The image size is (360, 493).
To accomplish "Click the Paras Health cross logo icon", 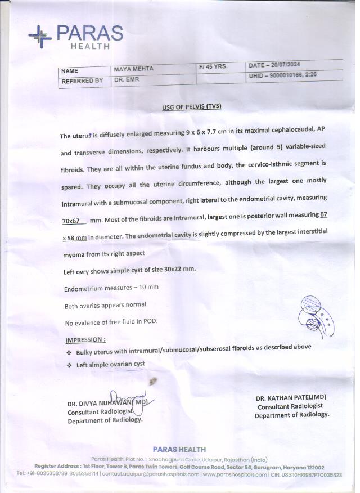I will tap(39, 35).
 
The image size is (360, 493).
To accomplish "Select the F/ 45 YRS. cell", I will tap(214, 66).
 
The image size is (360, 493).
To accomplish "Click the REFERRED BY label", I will tap(82, 81).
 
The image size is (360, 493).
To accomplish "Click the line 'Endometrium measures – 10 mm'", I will tap(111, 288).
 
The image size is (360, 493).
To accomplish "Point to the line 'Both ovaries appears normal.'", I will tap(106, 305).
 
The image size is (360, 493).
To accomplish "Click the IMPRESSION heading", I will tap(85, 340).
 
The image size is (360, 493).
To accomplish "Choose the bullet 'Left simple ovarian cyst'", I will tap(110, 365).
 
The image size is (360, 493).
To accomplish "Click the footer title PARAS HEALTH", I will tap(179, 450).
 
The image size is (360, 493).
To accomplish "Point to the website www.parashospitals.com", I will tap(235, 475).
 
